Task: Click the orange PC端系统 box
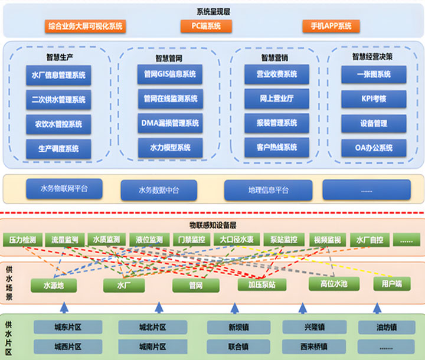(206, 26)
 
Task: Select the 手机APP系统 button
(326, 26)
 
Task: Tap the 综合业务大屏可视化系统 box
(86, 26)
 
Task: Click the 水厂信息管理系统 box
(58, 75)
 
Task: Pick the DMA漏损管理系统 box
(170, 123)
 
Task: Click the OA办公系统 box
(374, 148)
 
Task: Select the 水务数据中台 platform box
(158, 190)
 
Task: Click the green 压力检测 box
(22, 240)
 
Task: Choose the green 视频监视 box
(328, 240)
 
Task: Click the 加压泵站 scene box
(254, 284)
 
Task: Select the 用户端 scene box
(391, 284)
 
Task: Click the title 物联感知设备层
(212, 225)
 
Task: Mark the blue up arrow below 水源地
(64, 307)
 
